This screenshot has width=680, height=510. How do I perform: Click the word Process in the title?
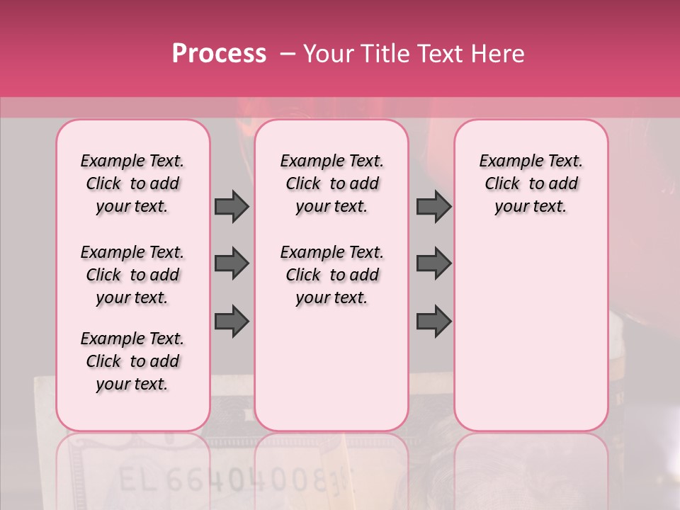point(219,54)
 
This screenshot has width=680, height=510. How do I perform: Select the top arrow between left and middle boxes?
point(232,206)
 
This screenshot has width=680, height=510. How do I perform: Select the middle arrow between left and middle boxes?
point(232,263)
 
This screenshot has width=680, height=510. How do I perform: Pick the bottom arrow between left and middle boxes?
point(232,320)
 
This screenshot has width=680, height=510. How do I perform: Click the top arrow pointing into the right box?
point(433,206)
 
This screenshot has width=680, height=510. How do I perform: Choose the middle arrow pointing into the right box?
point(433,263)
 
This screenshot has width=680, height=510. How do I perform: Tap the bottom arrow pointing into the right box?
point(433,320)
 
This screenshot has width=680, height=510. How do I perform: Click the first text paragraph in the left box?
point(132,183)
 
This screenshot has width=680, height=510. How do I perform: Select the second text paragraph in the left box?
point(132,275)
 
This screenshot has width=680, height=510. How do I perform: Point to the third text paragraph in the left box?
point(132,361)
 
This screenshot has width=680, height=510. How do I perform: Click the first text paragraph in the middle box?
point(331,183)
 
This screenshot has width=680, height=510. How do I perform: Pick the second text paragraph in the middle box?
point(331,275)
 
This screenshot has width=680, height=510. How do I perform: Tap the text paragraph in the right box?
point(531,183)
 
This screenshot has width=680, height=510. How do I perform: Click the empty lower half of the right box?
point(531,340)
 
